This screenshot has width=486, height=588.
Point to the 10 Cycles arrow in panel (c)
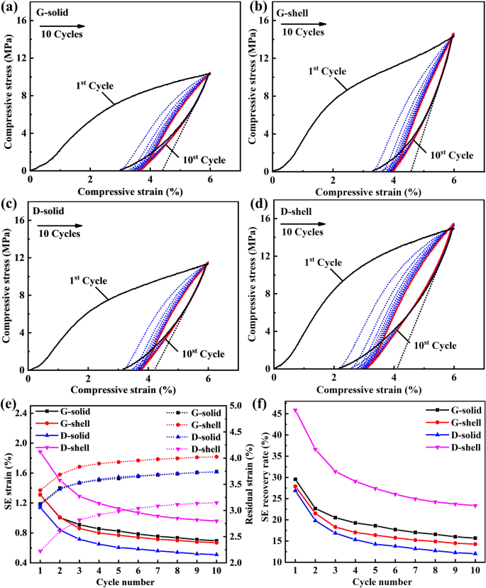[60, 225]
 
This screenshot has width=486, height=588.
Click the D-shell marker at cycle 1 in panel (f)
[295, 410]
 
